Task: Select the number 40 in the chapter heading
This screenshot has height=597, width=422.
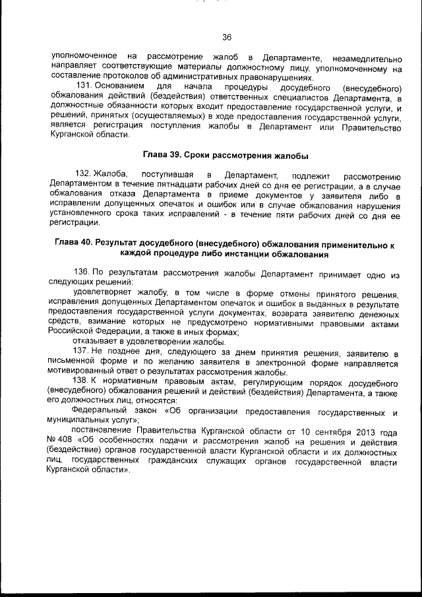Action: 88,243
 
